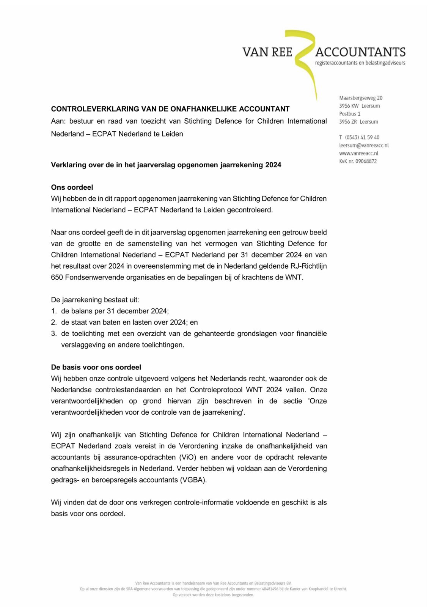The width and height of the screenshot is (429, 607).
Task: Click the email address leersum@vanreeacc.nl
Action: tap(364, 145)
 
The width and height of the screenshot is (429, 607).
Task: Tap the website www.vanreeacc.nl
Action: tap(358, 153)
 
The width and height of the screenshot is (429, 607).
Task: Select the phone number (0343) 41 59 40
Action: tap(362, 137)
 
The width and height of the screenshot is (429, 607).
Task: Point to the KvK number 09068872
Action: tap(366, 161)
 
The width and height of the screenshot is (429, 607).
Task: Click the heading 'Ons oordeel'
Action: tap(72, 187)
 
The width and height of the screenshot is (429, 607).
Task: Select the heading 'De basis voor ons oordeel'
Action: tap(96, 367)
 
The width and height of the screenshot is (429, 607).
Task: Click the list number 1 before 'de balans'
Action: tap(53, 311)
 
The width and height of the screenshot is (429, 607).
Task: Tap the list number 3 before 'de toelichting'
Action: tap(53, 333)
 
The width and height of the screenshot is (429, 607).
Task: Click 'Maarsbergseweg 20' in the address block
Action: tap(361, 98)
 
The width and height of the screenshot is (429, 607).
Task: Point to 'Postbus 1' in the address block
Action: tap(350, 114)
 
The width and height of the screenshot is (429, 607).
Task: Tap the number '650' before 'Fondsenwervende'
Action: tap(57, 277)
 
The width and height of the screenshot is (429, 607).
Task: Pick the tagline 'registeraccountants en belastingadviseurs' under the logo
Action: tap(360, 63)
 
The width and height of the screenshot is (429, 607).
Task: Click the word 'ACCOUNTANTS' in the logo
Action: tap(360, 52)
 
